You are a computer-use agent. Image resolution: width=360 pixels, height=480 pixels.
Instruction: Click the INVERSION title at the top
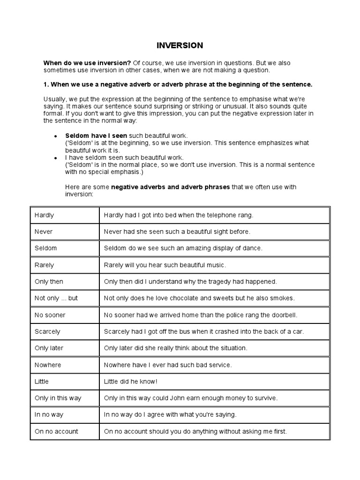click(180, 45)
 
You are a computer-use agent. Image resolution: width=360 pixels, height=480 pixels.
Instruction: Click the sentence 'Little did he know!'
click(130, 382)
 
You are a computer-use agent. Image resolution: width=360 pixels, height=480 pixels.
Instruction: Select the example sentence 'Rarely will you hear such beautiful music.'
click(165, 265)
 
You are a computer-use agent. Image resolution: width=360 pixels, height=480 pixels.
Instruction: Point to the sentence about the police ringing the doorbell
click(201, 315)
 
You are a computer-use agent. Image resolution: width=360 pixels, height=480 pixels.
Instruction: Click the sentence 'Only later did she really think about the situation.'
click(175, 348)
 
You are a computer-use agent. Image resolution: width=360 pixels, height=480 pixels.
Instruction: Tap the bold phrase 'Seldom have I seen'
click(96, 135)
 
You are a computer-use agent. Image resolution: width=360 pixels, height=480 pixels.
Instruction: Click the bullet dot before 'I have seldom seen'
click(56, 158)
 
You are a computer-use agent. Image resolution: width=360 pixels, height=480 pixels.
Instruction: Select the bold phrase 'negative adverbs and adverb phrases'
click(171, 187)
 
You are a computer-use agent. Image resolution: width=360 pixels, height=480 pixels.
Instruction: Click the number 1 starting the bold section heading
click(45, 84)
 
